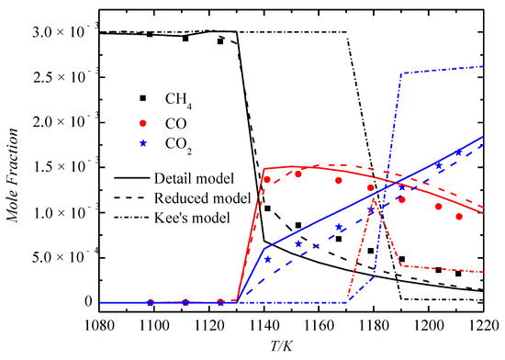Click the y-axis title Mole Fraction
point(13,165)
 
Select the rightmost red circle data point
point(459,217)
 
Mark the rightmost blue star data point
point(458,152)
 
